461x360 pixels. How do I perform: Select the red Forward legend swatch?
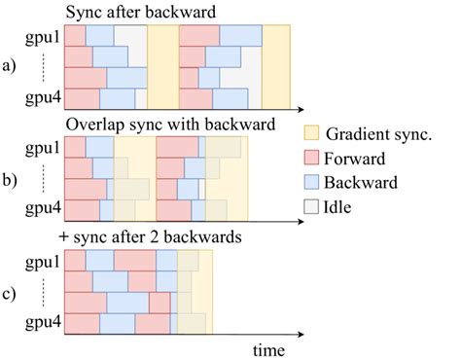click(x=313, y=159)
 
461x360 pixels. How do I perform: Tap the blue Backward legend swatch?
click(x=313, y=183)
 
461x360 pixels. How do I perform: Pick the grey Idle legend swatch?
click(x=313, y=207)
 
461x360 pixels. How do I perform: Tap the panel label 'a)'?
click(x=13, y=67)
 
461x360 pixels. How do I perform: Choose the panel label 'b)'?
click(x=13, y=180)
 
